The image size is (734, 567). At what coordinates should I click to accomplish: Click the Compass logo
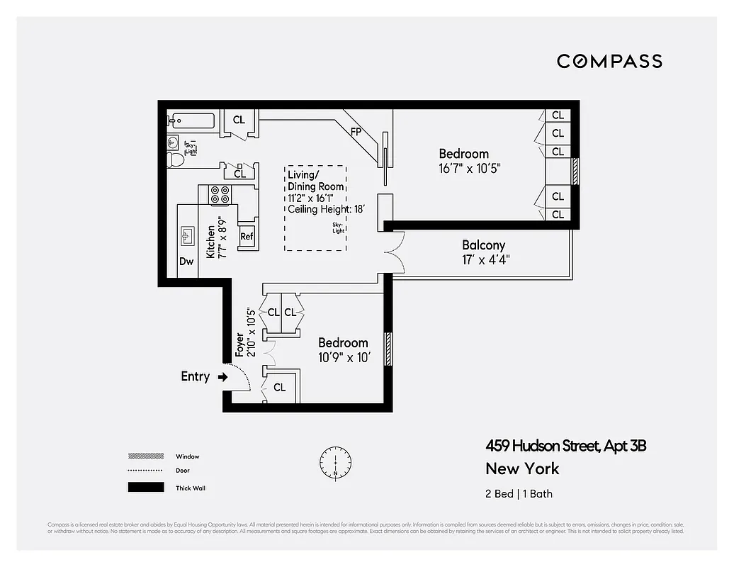click(x=609, y=61)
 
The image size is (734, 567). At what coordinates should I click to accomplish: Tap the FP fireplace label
click(x=357, y=132)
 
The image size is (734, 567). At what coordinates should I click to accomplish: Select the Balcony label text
click(x=483, y=245)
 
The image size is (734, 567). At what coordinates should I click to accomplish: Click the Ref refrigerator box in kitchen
click(x=247, y=237)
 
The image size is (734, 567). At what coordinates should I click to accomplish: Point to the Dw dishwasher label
click(x=186, y=262)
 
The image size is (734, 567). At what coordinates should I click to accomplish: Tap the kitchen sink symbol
click(x=188, y=235)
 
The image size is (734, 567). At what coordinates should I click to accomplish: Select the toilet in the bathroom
click(x=175, y=160)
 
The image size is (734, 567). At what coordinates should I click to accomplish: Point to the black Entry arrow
click(x=222, y=377)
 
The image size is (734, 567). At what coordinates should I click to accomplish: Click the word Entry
click(x=195, y=377)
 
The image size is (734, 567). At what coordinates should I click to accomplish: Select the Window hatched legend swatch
click(x=145, y=456)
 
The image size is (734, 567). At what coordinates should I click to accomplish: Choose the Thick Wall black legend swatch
click(x=145, y=488)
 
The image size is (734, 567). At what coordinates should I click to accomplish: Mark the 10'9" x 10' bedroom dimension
click(x=344, y=358)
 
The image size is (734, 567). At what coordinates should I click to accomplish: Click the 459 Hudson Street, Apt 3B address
click(x=565, y=446)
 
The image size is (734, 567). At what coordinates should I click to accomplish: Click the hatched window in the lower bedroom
click(x=388, y=349)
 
